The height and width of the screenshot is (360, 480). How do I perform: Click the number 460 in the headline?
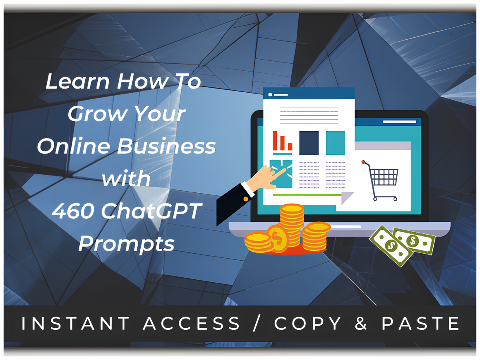click(72, 211)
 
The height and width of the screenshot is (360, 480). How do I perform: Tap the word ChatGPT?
click(151, 211)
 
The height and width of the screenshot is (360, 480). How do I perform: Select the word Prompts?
click(127, 245)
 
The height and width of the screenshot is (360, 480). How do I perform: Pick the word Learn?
click(77, 81)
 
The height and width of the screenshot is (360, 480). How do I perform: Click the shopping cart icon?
click(380, 180)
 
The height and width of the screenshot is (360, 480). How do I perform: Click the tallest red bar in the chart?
click(275, 141)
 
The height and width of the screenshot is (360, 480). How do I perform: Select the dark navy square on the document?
click(309, 143)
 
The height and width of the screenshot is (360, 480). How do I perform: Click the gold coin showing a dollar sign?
click(277, 238)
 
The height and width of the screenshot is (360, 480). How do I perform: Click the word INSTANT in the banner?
click(75, 323)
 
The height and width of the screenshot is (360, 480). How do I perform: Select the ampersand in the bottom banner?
click(361, 323)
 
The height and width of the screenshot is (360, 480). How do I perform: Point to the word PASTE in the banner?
click(420, 323)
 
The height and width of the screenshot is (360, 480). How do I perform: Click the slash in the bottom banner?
click(257, 323)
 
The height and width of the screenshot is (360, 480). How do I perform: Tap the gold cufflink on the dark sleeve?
click(245, 199)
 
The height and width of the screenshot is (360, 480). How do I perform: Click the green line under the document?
click(307, 195)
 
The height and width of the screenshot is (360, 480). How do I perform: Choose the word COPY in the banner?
click(307, 323)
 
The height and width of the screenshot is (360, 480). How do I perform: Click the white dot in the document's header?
click(270, 95)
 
